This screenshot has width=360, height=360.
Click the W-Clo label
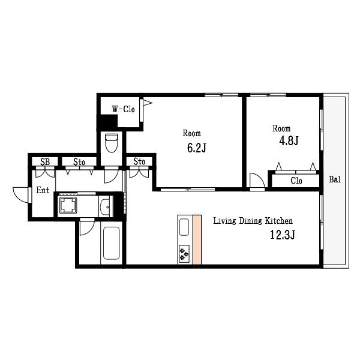pos(123,109)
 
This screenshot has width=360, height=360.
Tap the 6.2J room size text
pos(197,148)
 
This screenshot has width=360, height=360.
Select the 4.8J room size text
pos(289,140)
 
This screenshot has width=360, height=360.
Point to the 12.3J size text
pos(282,235)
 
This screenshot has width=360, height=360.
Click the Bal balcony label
pos(335,179)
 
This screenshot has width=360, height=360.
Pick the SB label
pos(45,162)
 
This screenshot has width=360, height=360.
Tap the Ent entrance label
pos(43,190)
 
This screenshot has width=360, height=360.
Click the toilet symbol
pos(112,143)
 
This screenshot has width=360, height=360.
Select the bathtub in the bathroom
pos(112,243)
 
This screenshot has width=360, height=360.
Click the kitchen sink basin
pos(184,227)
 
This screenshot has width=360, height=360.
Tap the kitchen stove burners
pos(184,254)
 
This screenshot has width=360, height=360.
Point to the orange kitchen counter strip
pos(197,239)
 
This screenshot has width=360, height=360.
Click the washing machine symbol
pos(68,205)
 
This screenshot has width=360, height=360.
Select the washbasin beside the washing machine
pos(106,206)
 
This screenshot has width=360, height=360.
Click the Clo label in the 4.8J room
pos(296,181)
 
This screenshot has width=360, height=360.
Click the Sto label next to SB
pos(79,162)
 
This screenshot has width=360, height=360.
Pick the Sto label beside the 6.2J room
pos(139,161)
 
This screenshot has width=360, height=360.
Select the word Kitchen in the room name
pos(279,221)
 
